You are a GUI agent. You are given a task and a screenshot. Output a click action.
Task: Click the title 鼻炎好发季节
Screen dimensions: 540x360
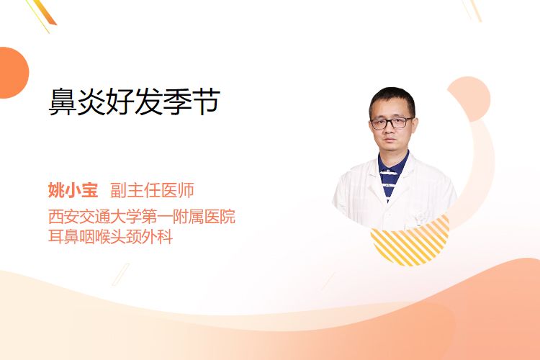point(135,102)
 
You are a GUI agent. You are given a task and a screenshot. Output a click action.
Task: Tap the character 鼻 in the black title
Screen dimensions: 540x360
point(63,102)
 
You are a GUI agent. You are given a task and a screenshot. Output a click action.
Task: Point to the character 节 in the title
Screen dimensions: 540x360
point(207,102)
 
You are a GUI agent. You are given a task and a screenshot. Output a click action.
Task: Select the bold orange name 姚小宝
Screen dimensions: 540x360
point(73,190)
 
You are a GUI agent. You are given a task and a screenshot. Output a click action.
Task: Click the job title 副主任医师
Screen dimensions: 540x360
point(152,190)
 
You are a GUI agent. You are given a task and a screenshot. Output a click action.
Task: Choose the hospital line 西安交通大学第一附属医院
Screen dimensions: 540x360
point(142,216)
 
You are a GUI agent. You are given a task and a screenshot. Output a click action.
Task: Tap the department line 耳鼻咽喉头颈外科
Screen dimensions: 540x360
point(111,237)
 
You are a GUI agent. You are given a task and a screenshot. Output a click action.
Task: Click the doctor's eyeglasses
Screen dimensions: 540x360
point(392,122)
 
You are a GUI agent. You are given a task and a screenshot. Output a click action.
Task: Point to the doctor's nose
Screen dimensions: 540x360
point(390,130)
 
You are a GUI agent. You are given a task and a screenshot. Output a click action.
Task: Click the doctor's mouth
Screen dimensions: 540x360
point(390,140)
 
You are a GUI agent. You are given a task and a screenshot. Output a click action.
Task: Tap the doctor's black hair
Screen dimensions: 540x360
point(392,100)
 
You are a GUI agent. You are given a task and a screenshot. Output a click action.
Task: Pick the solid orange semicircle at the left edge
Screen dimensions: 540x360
point(13,73)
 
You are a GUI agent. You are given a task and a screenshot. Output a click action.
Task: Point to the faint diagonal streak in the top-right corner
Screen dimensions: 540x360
point(472,10)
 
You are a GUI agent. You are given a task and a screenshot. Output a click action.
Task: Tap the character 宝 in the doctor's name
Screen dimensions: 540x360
point(90,190)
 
